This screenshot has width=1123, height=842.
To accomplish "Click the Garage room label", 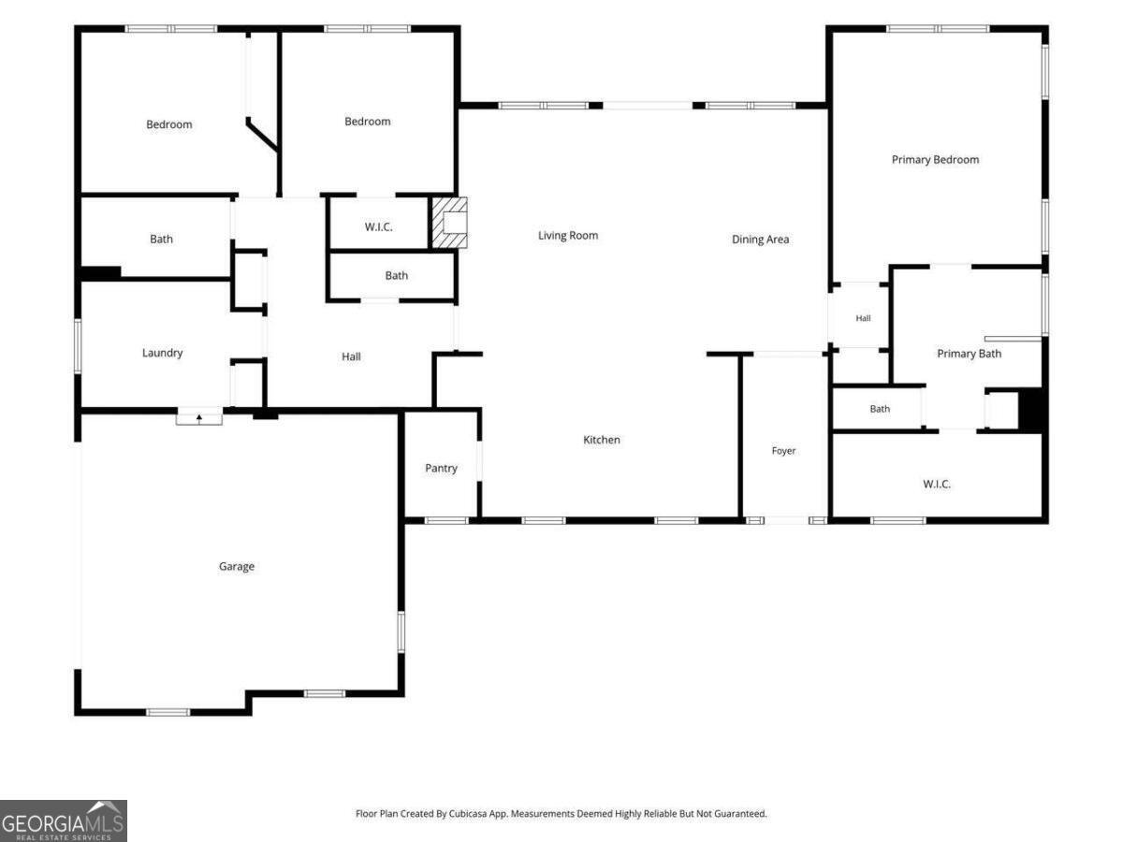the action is coord(237,566).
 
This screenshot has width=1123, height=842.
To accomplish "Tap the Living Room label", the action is coord(568,236).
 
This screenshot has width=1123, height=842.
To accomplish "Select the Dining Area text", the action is coord(760,240).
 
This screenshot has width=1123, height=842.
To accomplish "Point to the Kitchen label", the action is coord(602,440).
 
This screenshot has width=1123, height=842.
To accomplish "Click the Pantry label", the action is coord(441,469).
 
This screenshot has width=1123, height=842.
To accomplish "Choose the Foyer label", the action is coord(784,451).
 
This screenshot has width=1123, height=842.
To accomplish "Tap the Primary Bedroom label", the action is coord(935,160).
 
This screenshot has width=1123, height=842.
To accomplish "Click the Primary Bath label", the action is coord(969,354).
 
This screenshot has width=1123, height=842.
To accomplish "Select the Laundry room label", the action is coord(162,354).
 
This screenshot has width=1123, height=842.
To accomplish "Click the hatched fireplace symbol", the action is coord(450,223).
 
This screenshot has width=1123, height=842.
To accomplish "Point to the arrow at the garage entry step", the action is coord(199,418).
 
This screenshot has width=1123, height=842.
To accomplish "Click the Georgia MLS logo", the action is coord(64,821).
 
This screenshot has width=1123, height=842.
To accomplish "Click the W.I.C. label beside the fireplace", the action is coord(379,227).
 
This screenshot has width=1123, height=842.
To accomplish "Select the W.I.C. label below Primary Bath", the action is coord(937,484).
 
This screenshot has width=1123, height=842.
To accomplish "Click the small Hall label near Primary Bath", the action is coord(863,318).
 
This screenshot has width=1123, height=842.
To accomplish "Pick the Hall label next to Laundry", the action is coord(351,356).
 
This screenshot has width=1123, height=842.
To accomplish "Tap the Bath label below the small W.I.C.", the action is coord(397,276).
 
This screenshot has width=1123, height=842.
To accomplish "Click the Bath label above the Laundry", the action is coord(161,240).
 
